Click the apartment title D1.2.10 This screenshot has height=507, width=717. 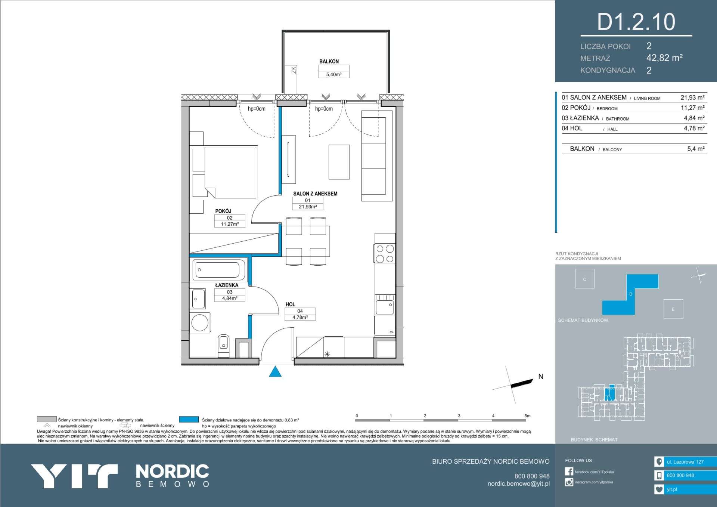coord(636,22)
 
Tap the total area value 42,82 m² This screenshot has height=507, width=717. coord(664,58)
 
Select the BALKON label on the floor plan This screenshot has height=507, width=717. coord(329,61)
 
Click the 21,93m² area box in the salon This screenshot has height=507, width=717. coord(308,207)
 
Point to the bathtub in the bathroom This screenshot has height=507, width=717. coord(219,269)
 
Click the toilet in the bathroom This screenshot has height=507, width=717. coord(223,345)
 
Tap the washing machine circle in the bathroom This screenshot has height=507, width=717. coord(200,322)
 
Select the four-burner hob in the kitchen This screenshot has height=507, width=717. coord(385,254)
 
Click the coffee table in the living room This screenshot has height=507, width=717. coord(339,162)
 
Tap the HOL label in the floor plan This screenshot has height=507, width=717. coord(290,304)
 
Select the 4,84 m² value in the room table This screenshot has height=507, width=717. coord(694,118)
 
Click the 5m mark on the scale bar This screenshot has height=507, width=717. coord(527,416)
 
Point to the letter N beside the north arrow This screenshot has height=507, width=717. coord(541,377)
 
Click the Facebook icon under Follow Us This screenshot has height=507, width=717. coord(569,472)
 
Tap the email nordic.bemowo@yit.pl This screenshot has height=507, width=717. coord(518,484)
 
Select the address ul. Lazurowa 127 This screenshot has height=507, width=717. coord(685,462)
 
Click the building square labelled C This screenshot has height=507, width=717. coord(585,279)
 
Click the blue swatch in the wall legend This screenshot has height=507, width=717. coord(189,420)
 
